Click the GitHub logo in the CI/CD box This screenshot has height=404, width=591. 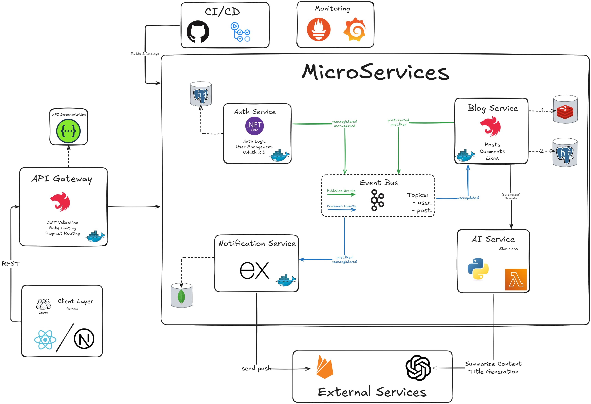pos(198,32)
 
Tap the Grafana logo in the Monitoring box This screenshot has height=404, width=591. pos(355,29)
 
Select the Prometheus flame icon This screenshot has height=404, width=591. pos(319,29)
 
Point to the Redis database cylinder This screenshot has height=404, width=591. pos(565,110)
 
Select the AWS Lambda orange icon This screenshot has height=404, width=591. pos(516,279)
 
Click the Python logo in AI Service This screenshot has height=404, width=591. pos(478,269)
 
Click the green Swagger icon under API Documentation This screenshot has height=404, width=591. pos(68,131)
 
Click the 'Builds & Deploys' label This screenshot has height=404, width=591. pos(145,54)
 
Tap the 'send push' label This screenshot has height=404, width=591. pos(256,369)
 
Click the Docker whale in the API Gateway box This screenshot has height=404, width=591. pos(96,237)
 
